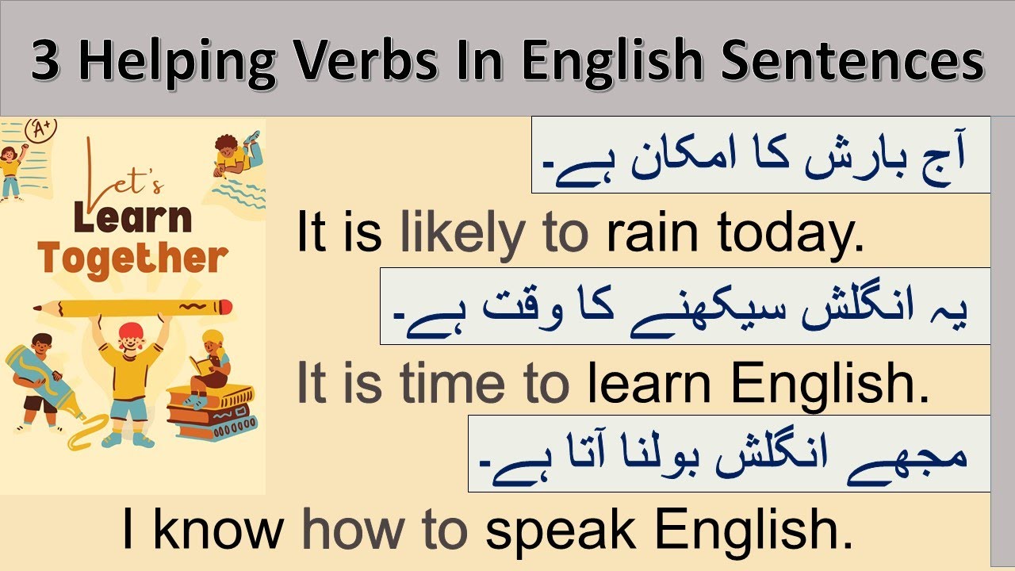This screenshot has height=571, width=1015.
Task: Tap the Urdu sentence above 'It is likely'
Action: coord(760,156)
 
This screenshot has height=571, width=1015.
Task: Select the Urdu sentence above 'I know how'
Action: coord(728,454)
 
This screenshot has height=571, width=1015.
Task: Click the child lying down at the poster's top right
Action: coord(236,155)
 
